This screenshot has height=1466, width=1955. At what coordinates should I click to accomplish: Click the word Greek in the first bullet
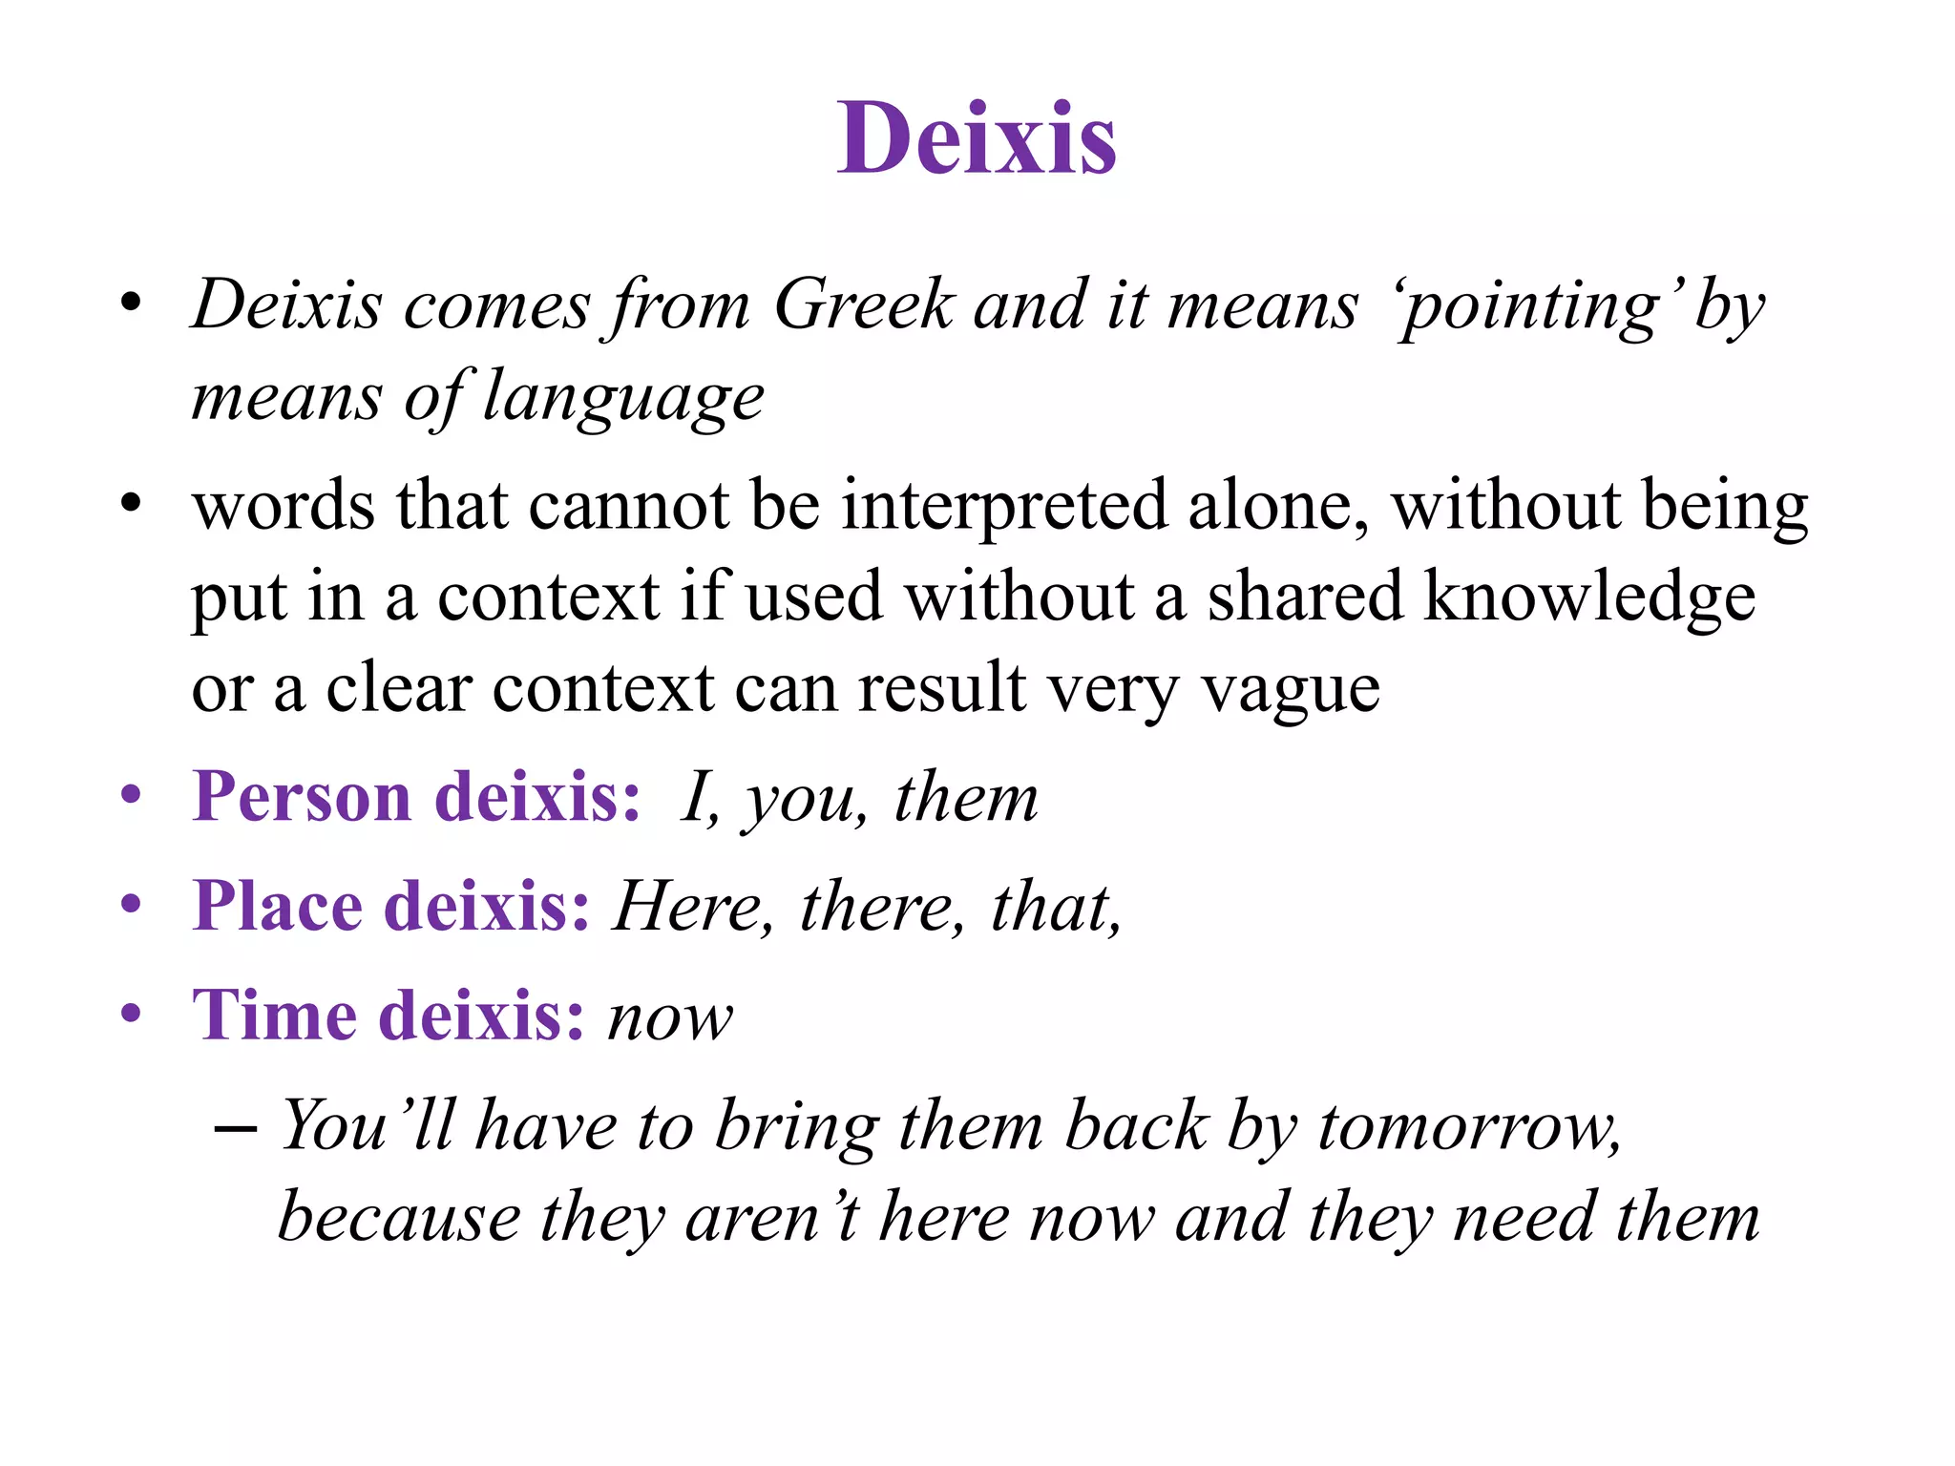click(863, 305)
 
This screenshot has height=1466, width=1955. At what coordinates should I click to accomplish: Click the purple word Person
click(302, 796)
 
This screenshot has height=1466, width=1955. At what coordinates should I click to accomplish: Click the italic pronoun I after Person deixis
click(695, 797)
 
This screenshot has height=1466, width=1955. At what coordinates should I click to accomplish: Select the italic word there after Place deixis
click(876, 907)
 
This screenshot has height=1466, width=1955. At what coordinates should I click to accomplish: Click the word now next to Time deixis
click(671, 1017)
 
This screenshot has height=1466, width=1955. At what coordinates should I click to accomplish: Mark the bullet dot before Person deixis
click(132, 794)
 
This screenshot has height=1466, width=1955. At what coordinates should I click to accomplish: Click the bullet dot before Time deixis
click(132, 1012)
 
